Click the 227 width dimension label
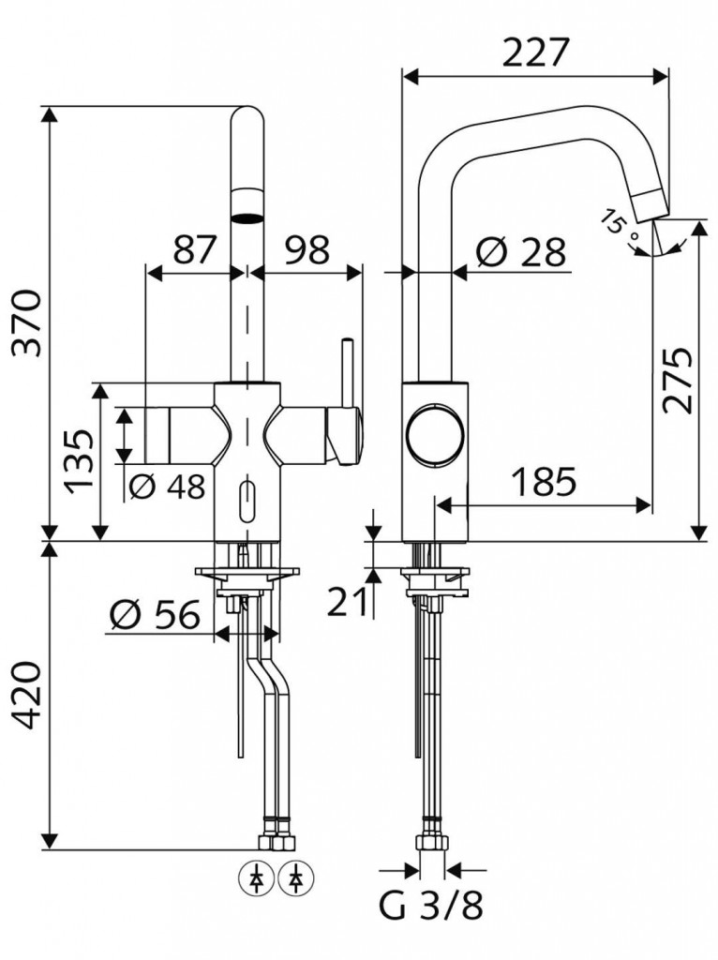[535, 52]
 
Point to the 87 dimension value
[195, 249]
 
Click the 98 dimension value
[307, 249]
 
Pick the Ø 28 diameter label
[519, 250]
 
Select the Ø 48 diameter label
[167, 487]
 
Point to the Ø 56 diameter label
[156, 614]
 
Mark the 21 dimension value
[348, 601]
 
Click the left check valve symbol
[255, 878]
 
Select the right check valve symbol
[296, 878]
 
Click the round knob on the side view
[435, 434]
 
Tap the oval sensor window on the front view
[247, 502]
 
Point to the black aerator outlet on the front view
[247, 217]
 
